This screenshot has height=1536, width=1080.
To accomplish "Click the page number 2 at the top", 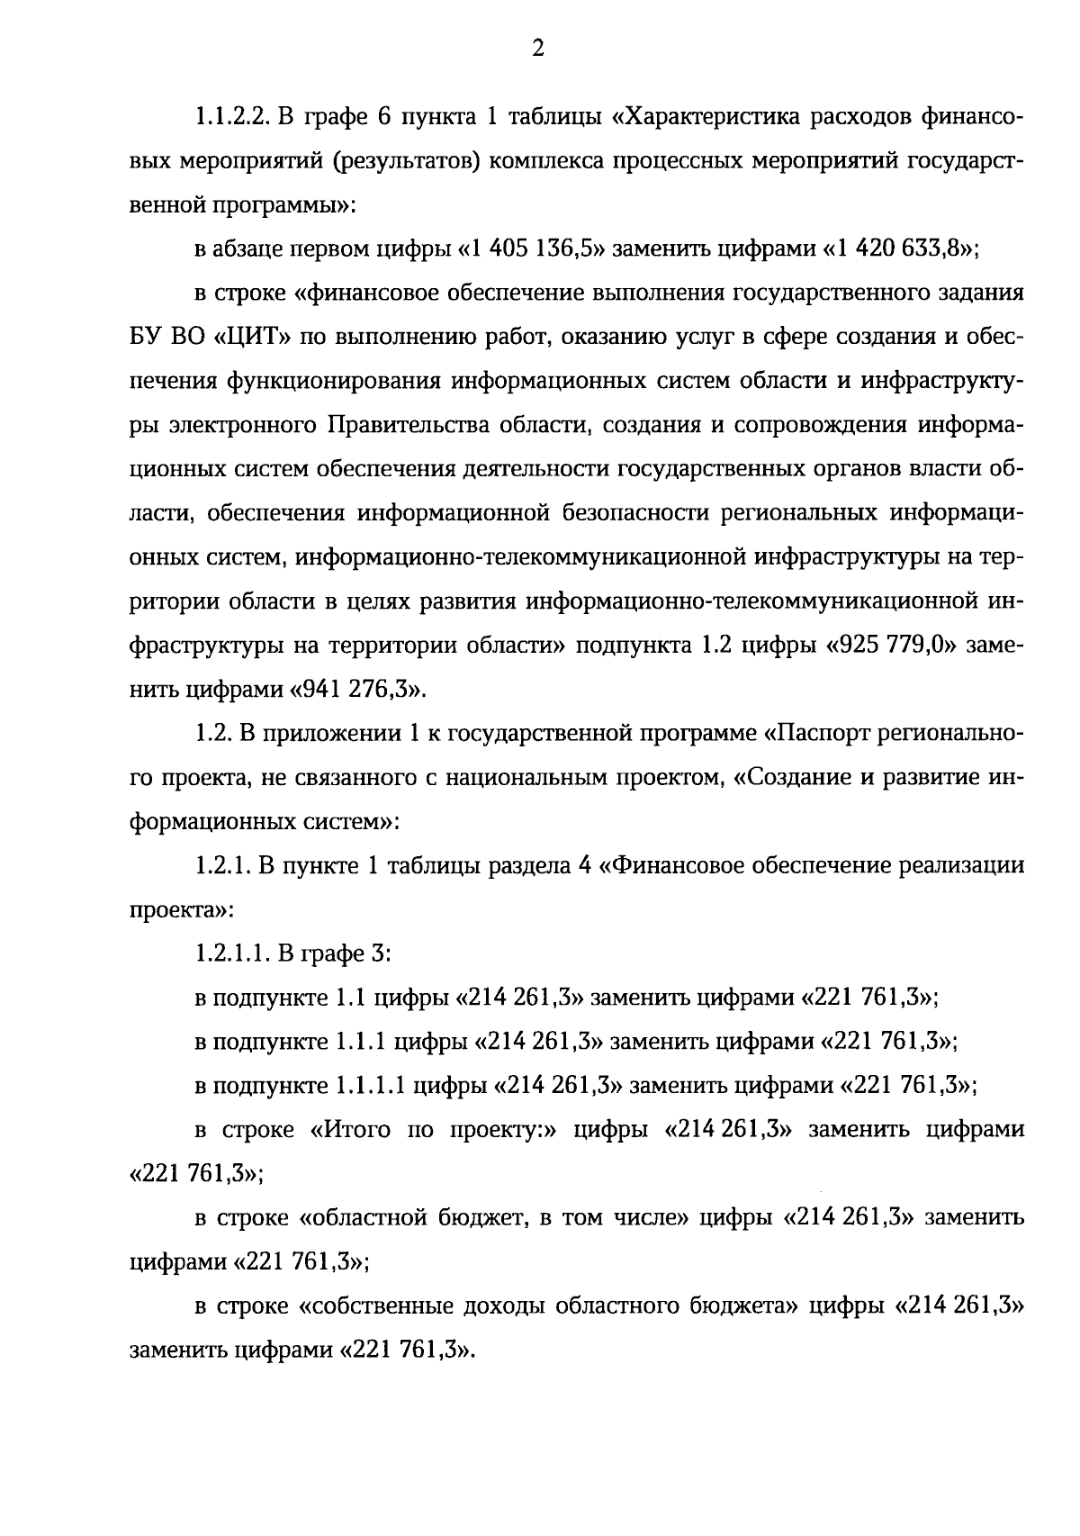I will pyautogui.click(x=538, y=50).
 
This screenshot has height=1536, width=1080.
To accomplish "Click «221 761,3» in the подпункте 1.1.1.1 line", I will pyautogui.click(x=906, y=1086).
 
